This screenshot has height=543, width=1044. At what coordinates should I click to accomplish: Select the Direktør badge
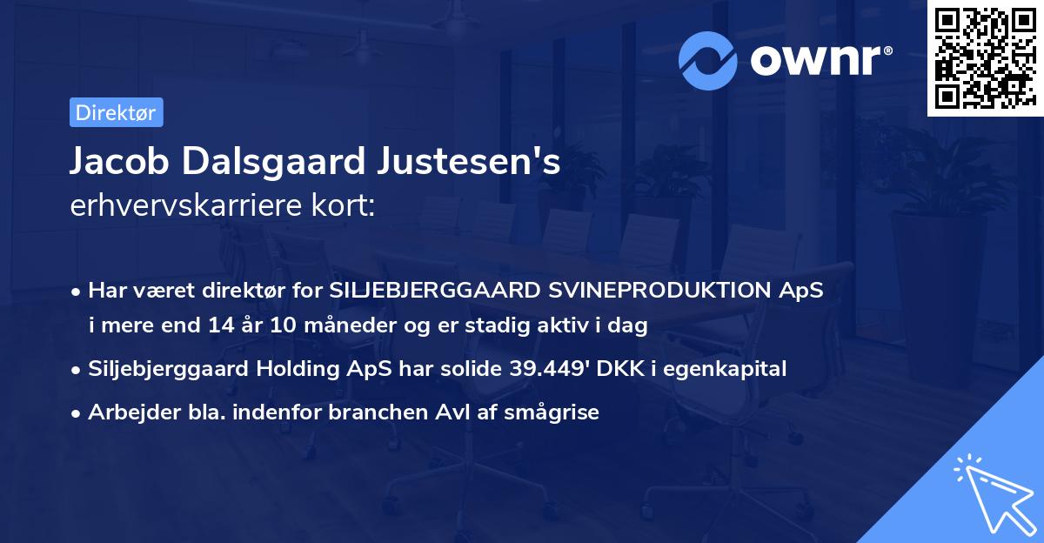click(x=115, y=112)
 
